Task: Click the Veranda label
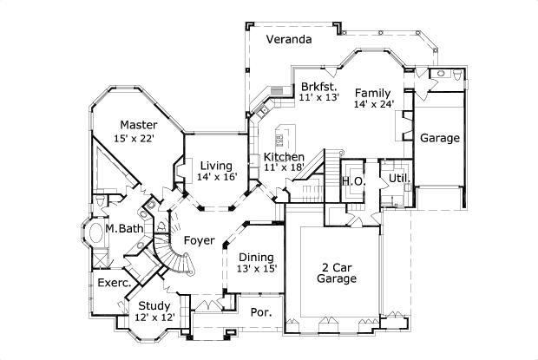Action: pos(289,40)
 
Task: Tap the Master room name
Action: pos(139,125)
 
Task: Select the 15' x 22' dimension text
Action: pos(139,139)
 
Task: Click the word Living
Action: pos(215,166)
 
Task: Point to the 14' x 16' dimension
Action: pos(215,177)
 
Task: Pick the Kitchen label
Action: pos(284,157)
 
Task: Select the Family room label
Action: pos(371,93)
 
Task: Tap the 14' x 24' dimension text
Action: pos(374,104)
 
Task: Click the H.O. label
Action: pos(352,180)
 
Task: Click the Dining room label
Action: pos(257,258)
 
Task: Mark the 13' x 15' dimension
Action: pos(257,269)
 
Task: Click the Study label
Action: pos(155,305)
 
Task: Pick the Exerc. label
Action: pos(113,283)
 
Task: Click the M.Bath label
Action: pos(124,229)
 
